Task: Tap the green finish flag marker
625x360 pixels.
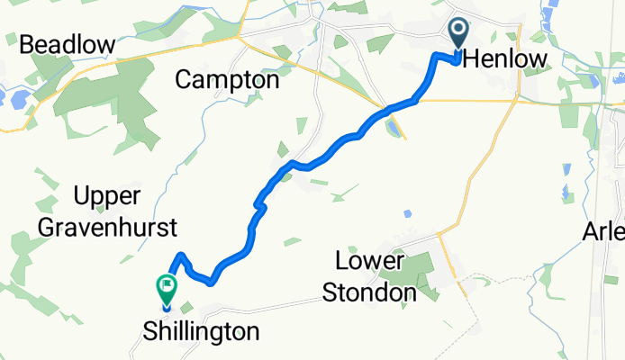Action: point(167,287)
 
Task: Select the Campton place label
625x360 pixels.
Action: point(227,80)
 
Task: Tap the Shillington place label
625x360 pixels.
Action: point(201,331)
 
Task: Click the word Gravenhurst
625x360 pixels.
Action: point(107,226)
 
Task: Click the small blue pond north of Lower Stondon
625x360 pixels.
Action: point(407,213)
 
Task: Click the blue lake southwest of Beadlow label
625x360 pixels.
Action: point(15,96)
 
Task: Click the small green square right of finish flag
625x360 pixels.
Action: point(186,308)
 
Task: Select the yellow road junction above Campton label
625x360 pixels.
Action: point(239,38)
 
